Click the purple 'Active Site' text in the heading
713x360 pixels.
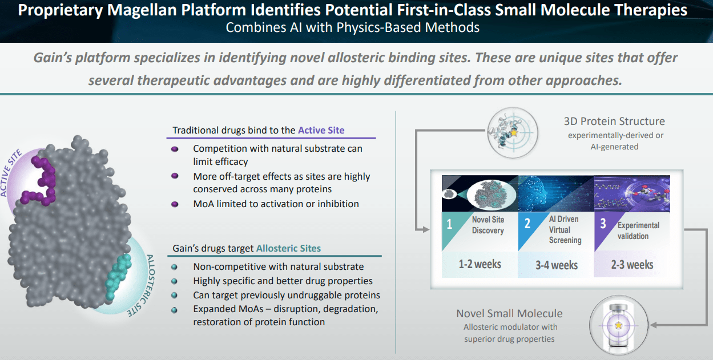click(321, 130)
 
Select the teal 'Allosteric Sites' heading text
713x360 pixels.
click(288, 248)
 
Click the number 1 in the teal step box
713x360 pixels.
click(449, 224)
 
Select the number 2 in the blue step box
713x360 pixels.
click(527, 224)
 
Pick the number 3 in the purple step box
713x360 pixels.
click(603, 224)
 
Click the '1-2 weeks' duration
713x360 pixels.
click(480, 264)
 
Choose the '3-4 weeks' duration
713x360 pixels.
click(556, 265)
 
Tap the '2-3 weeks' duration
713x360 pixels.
click(632, 264)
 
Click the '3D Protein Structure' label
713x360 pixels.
click(614, 121)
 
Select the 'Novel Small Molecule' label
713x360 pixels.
click(509, 313)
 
